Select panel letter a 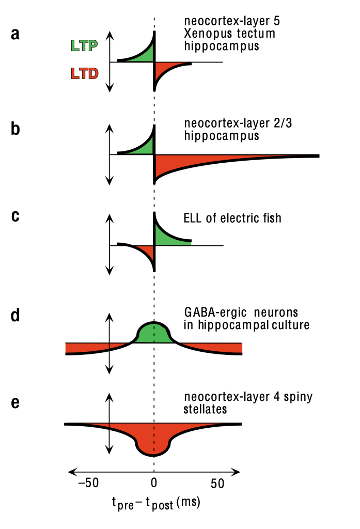[x=15, y=35]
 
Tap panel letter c [x=15, y=216]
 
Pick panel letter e [x=15, y=402]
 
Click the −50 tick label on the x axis [x=88, y=484]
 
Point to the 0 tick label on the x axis [x=154, y=484]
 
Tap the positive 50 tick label [x=217, y=484]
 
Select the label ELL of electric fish [x=232, y=217]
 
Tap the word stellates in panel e [x=205, y=409]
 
